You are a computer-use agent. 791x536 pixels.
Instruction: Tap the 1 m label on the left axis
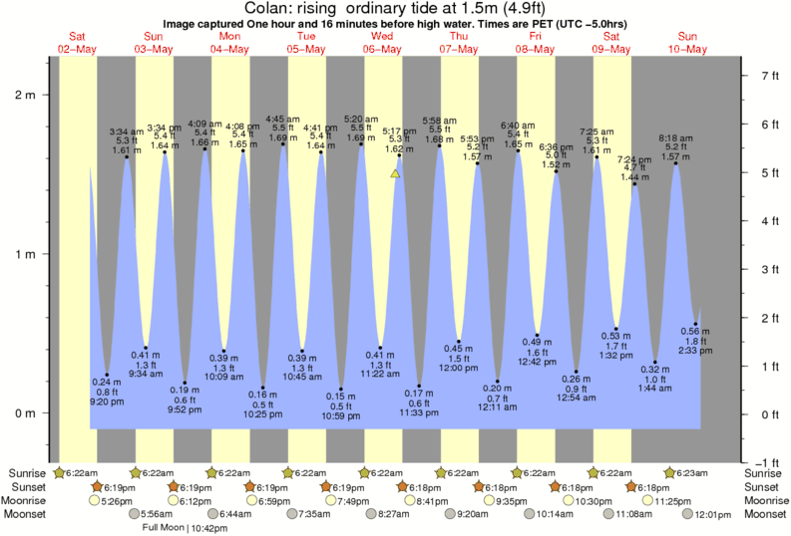[25, 254]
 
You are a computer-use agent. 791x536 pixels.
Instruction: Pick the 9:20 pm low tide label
[107, 403]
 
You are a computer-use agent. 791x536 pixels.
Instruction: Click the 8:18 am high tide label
[676, 137]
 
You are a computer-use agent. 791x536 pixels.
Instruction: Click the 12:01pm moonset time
[712, 514]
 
